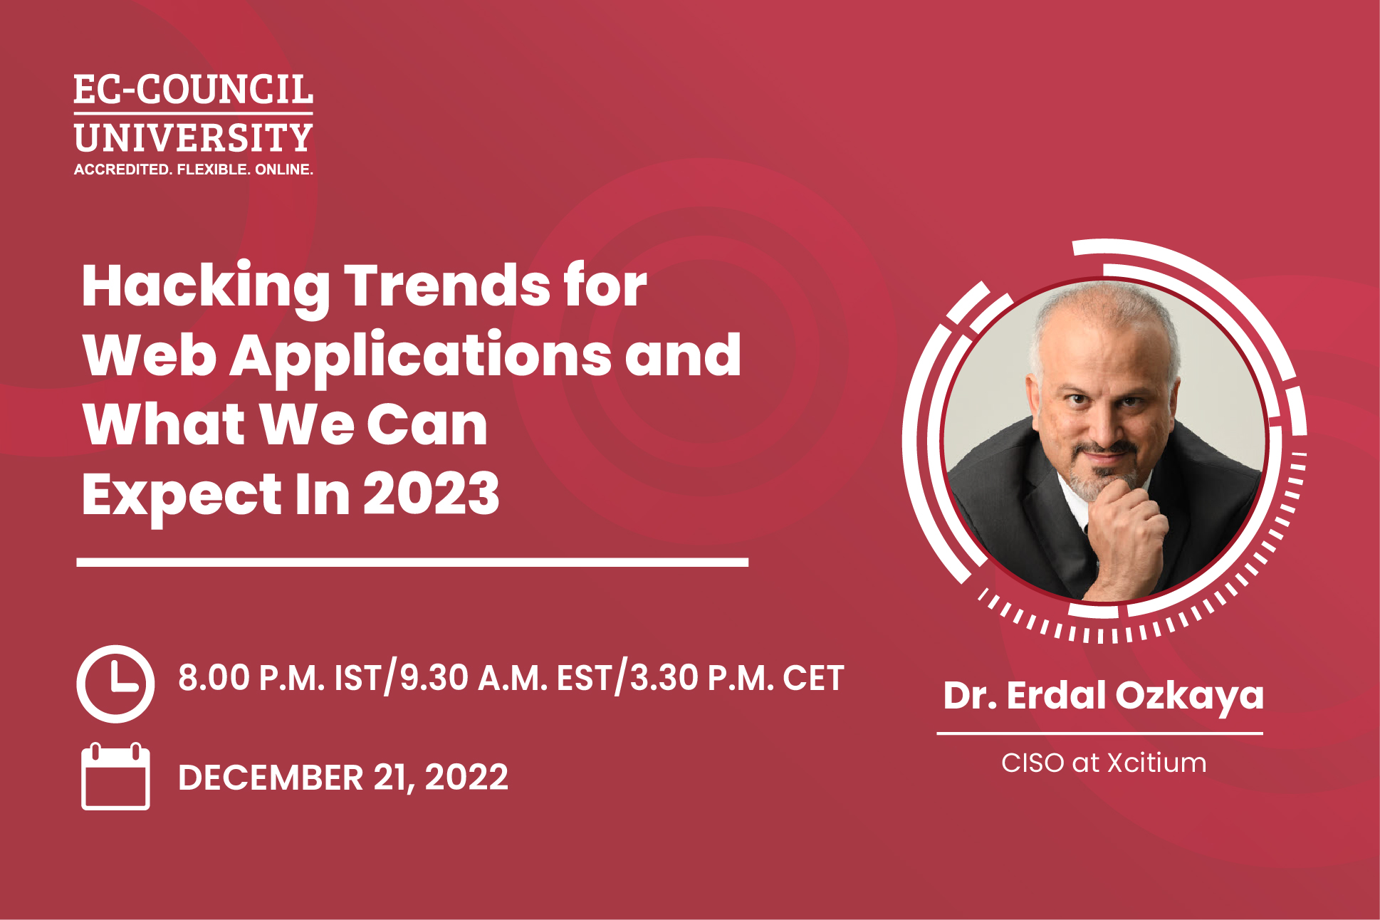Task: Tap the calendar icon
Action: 115,776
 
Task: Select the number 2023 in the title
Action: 432,493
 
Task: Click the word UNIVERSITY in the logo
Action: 194,138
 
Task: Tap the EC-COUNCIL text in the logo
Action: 194,90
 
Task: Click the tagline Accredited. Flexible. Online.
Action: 194,169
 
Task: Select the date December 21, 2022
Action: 343,777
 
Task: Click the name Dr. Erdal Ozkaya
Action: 1103,696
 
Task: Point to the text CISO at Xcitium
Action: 1104,763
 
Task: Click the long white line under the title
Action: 412,562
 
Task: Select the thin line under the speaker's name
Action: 1100,733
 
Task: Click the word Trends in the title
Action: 447,286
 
